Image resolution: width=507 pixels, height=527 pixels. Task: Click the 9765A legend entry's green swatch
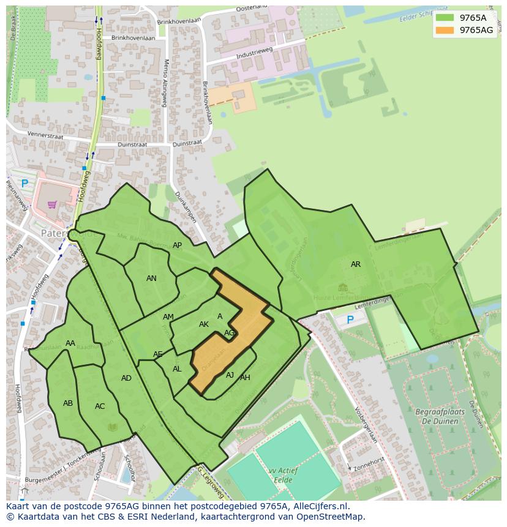click(445, 18)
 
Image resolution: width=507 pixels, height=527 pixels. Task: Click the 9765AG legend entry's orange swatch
click(445, 30)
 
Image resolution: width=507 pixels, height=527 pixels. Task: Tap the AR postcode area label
click(356, 264)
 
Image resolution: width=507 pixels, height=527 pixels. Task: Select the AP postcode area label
click(177, 245)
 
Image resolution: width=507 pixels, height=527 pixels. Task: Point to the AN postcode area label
click(151, 278)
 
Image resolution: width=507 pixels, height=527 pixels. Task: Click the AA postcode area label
click(70, 343)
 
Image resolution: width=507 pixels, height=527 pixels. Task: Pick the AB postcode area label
click(68, 403)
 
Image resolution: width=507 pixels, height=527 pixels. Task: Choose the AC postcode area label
click(100, 406)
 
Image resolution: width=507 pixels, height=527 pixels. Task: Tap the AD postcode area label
click(126, 378)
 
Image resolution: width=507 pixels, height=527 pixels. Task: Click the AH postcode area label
click(245, 378)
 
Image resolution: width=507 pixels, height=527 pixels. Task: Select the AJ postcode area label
click(230, 375)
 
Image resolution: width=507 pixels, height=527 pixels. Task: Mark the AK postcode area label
click(204, 324)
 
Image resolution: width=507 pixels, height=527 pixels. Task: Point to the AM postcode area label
click(168, 317)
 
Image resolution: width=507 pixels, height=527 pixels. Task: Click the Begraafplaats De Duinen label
click(440, 416)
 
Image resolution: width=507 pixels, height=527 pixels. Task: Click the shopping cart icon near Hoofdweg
click(52, 204)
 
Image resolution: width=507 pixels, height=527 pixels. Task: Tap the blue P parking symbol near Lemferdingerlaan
click(350, 320)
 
